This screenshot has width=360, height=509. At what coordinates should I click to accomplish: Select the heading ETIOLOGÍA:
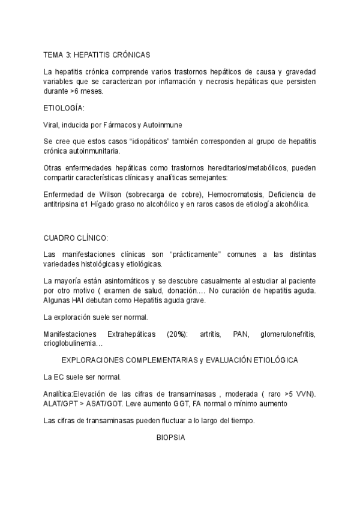pyautogui.click(x=64, y=108)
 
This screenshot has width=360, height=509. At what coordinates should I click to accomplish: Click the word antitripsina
pyautogui.click(x=65, y=204)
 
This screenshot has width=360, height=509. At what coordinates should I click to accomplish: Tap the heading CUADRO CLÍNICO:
pyautogui.click(x=76, y=238)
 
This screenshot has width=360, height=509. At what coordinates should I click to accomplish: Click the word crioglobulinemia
pyautogui.click(x=73, y=343)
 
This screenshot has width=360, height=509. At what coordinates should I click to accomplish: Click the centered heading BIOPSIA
pyautogui.click(x=171, y=438)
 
